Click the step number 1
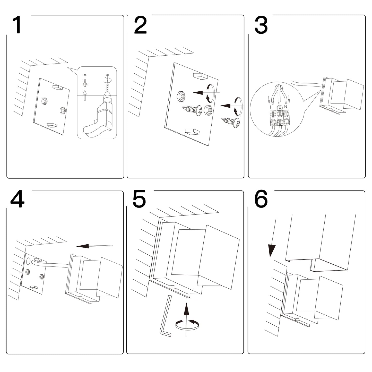click(x=17, y=25)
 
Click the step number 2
click(x=140, y=25)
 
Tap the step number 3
click(x=261, y=25)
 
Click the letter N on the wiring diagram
click(x=286, y=106)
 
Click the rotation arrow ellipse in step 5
click(x=187, y=325)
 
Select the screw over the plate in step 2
click(x=192, y=110)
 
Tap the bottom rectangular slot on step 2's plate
click(x=192, y=132)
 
